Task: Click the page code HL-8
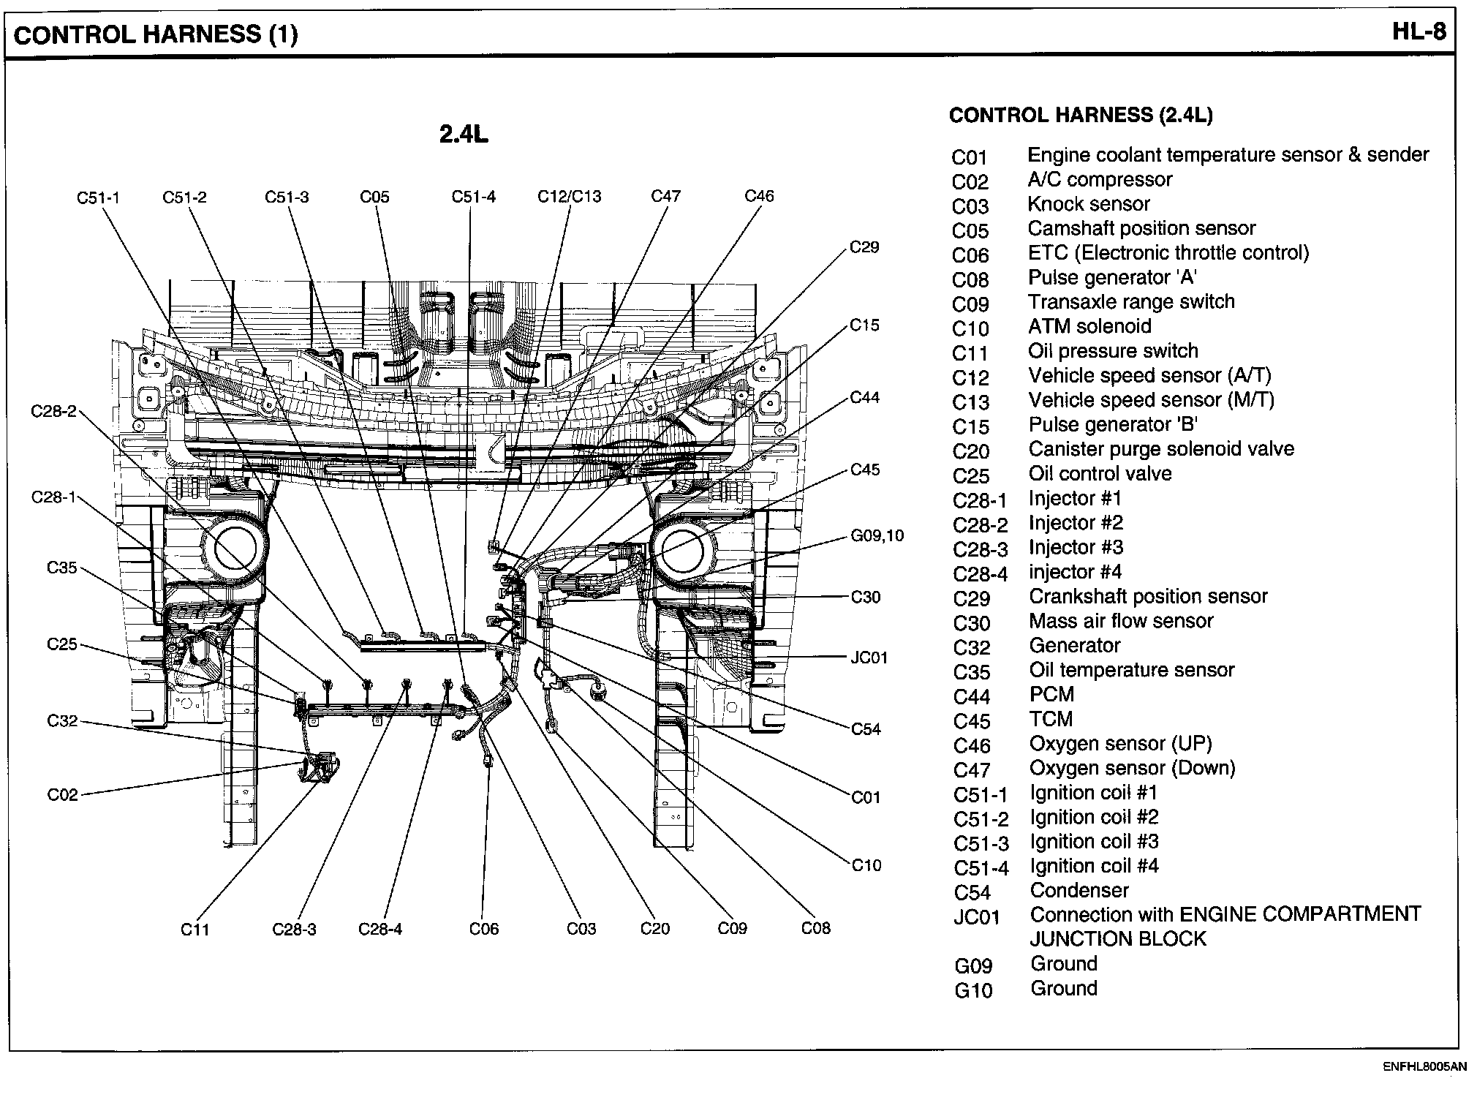1418,33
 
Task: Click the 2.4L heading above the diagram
463,135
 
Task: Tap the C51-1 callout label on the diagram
98,197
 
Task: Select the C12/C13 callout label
569,196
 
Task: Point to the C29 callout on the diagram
864,247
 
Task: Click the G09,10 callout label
877,535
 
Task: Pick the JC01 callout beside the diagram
869,658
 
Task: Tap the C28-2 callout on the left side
53,411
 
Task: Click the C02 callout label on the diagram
62,794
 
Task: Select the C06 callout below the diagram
483,929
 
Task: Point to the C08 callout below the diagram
815,928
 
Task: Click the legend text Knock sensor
1088,204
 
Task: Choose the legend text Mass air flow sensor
1121,621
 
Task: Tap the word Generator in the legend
1074,646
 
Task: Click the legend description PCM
1051,695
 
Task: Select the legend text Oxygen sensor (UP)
1120,744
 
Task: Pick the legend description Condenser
1079,891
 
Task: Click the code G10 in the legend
973,991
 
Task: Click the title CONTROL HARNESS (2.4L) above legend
1081,115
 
